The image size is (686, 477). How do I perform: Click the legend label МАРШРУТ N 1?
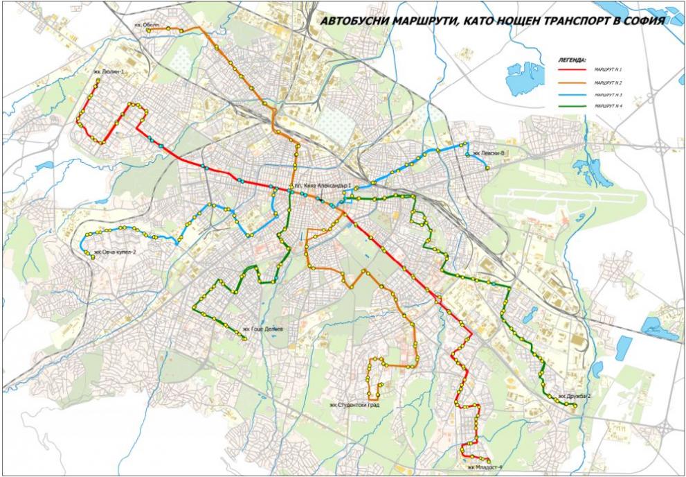pyautogui.click(x=607, y=70)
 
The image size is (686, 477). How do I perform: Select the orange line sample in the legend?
pyautogui.click(x=572, y=83)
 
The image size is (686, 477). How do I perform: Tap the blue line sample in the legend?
pyautogui.click(x=572, y=94)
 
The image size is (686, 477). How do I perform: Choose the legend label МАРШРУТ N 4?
pyautogui.click(x=607, y=106)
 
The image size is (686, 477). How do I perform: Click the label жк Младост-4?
pyautogui.click(x=484, y=467)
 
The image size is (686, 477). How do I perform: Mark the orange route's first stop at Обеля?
pyautogui.click(x=148, y=30)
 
